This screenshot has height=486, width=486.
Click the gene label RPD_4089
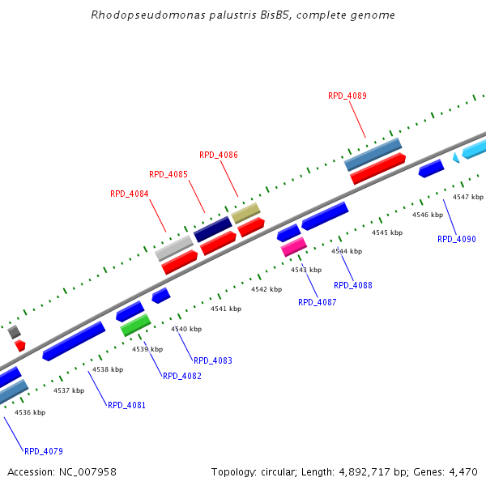347,96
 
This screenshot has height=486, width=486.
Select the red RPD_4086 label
219,155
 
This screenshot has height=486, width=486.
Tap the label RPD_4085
168,174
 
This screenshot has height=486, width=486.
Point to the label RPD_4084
130,194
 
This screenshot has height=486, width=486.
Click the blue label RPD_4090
457,239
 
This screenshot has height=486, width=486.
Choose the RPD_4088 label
353,285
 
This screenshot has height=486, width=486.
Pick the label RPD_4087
317,302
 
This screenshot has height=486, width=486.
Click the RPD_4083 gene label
212,360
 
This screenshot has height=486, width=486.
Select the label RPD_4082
182,376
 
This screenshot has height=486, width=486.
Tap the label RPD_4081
126,405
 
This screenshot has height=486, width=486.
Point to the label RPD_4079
44,451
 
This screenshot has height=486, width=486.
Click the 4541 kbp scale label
226,309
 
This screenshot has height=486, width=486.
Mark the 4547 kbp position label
467,197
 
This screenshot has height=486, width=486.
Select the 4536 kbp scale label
30,412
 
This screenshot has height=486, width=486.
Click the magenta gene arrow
293,247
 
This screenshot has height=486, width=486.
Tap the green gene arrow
135,326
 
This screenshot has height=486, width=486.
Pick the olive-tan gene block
245,213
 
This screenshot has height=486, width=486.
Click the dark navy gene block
212,228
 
